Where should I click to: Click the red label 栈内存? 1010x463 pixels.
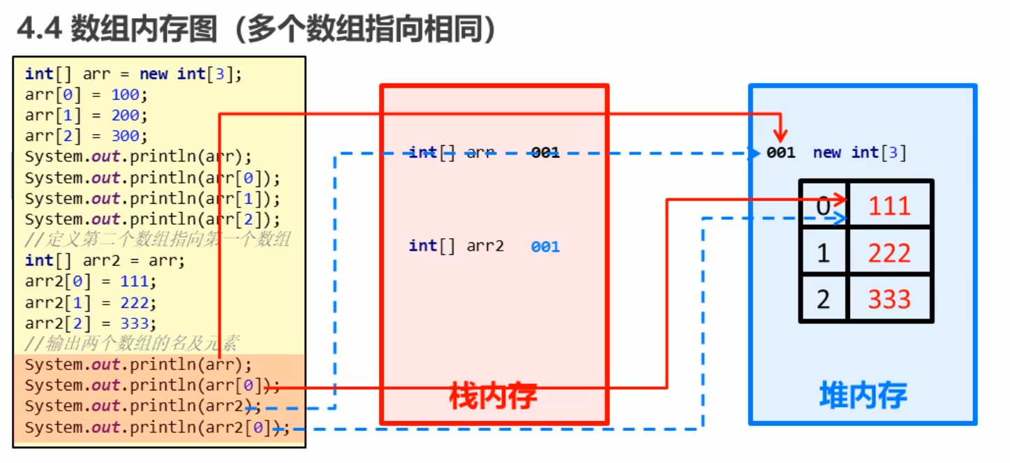(x=493, y=396)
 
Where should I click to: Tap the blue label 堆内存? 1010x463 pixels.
(x=863, y=396)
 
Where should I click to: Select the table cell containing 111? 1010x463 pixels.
(x=890, y=206)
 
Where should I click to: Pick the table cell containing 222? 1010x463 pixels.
(x=890, y=253)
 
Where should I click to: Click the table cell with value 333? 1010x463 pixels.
(x=890, y=300)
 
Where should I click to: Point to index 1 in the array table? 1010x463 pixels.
(x=824, y=253)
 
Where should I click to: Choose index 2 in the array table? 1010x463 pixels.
(x=824, y=300)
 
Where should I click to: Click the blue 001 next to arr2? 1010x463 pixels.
(x=545, y=247)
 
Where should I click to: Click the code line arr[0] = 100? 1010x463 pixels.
(x=87, y=94)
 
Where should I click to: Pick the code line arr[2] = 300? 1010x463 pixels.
(x=87, y=135)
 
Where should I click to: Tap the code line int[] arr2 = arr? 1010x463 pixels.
(x=105, y=260)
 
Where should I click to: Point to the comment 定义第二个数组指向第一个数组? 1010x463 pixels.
(x=157, y=240)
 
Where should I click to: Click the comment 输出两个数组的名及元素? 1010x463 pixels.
(x=133, y=343)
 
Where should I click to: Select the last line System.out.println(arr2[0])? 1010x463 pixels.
(x=156, y=427)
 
